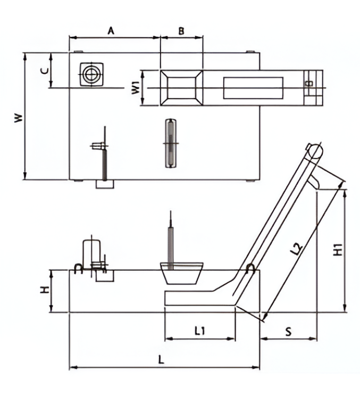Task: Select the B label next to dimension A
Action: [x=181, y=31]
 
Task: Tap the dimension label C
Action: [x=45, y=70]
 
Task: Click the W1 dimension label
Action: [x=136, y=87]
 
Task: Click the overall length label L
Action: [x=162, y=359]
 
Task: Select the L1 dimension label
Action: [x=199, y=331]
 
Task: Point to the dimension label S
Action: [x=287, y=331]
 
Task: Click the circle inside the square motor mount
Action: [x=91, y=73]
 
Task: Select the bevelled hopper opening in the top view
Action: [x=181, y=87]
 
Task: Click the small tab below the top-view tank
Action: [x=105, y=184]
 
